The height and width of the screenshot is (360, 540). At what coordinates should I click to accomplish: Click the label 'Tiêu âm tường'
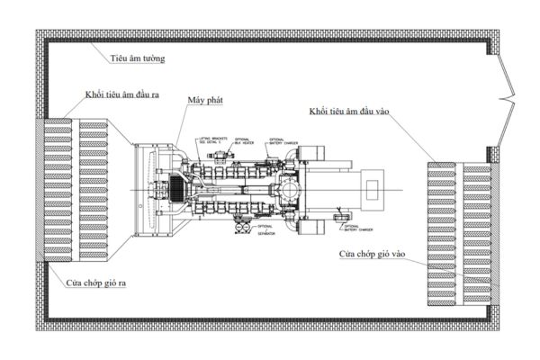coord(139,58)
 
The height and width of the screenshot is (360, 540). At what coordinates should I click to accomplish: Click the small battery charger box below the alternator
coord(339,217)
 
